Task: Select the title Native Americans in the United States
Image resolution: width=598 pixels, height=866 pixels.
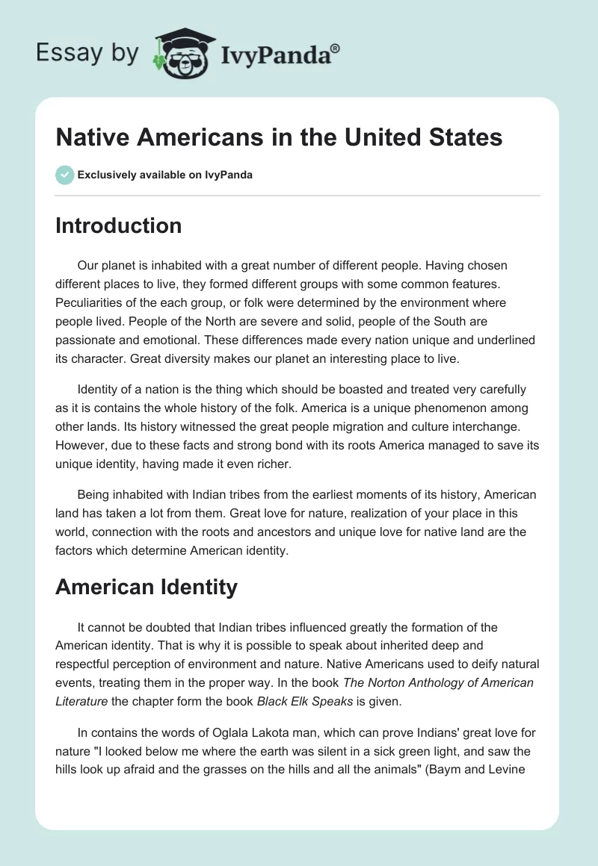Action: click(279, 137)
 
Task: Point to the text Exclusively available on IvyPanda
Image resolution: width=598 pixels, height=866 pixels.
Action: click(165, 175)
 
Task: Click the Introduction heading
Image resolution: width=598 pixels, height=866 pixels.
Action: click(118, 225)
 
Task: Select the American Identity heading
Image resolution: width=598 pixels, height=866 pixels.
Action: click(147, 587)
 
